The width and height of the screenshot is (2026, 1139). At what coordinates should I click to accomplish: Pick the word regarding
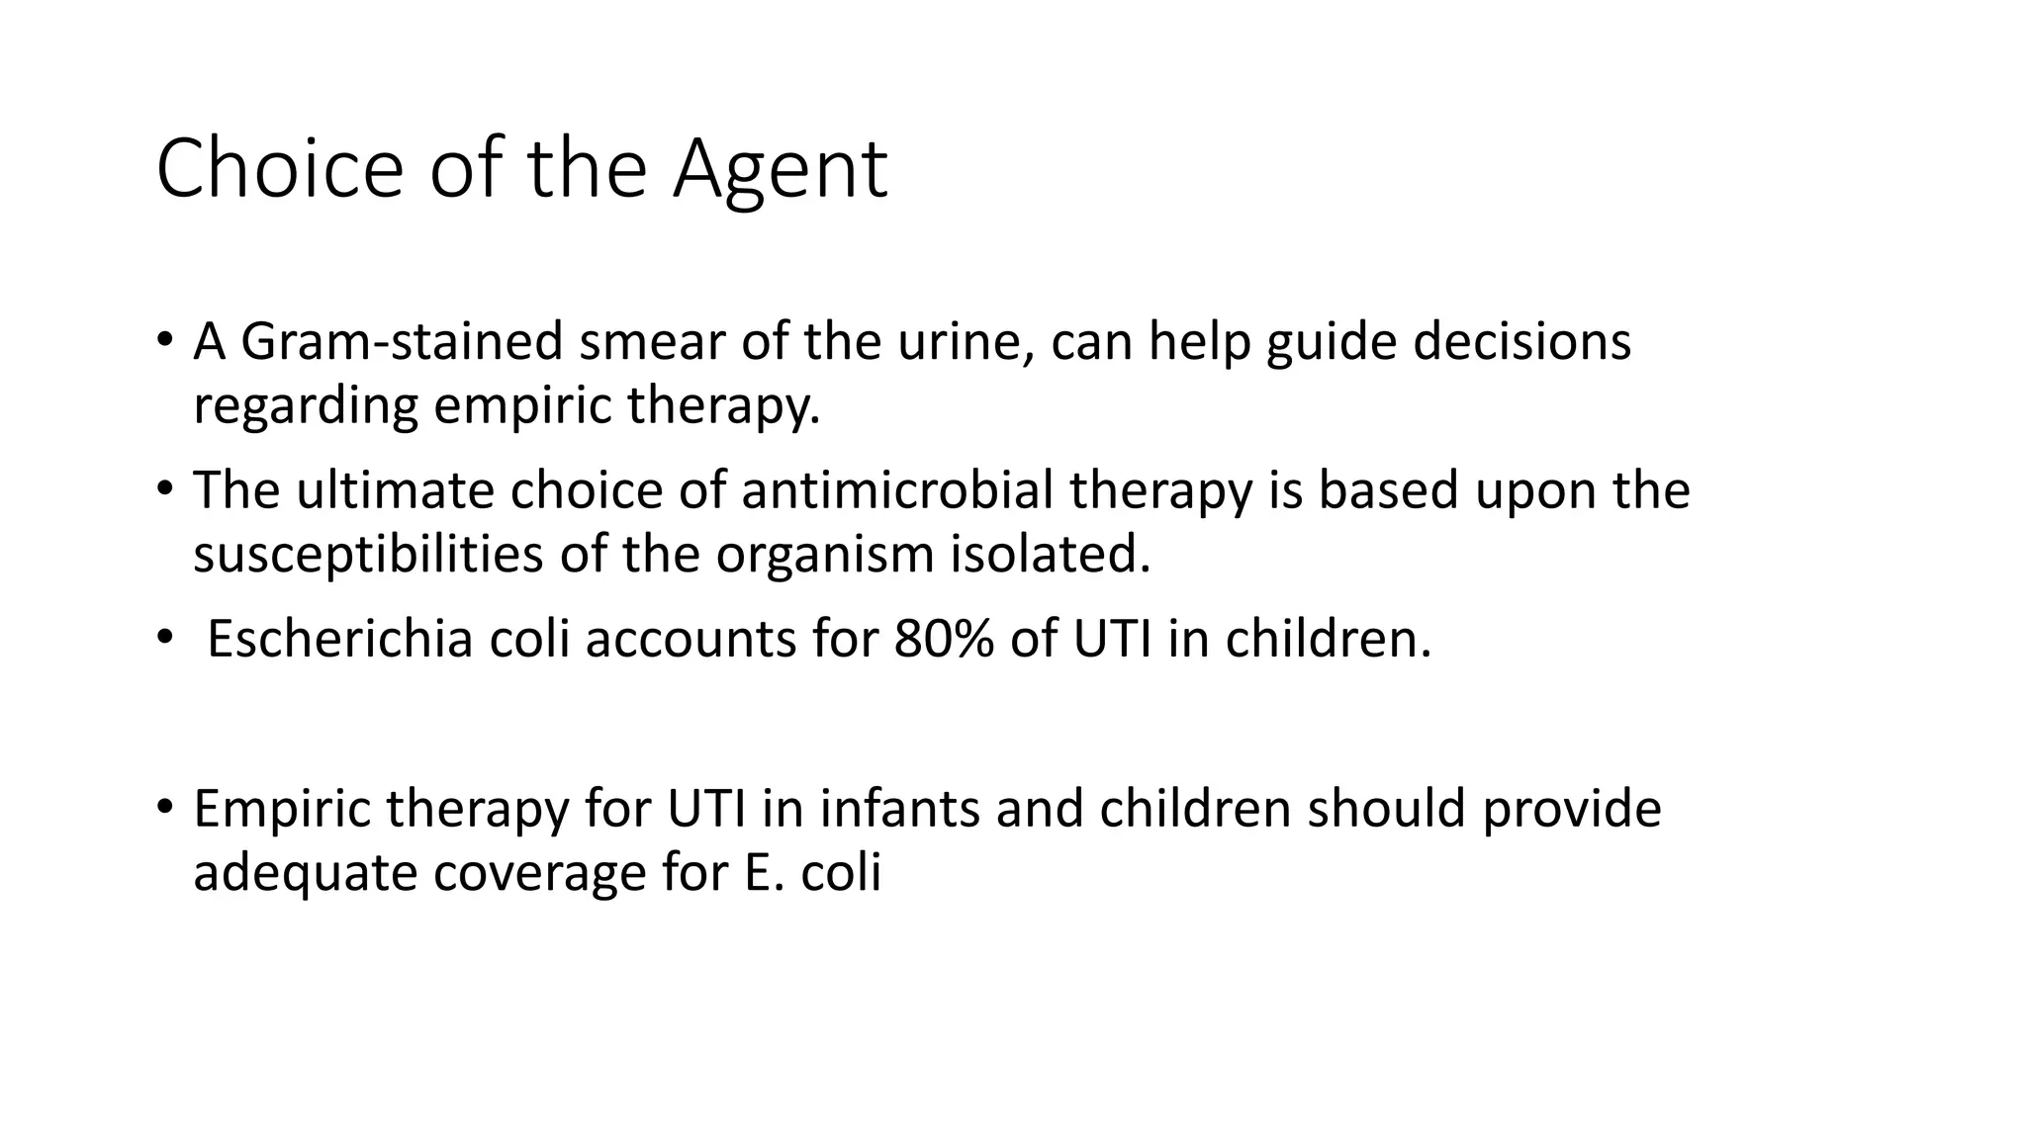pos(305,406)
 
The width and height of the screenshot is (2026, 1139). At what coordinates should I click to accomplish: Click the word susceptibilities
pos(368,555)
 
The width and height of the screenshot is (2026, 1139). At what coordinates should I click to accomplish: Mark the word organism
pos(825,555)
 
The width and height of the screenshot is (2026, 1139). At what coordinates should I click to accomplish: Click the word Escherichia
pos(340,639)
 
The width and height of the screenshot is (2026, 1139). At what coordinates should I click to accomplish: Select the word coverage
pos(540,873)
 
